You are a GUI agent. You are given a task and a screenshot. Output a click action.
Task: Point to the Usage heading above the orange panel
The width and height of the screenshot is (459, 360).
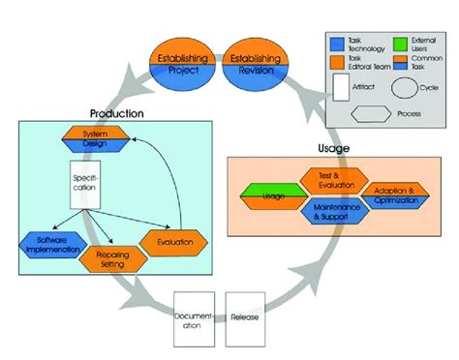point(331,148)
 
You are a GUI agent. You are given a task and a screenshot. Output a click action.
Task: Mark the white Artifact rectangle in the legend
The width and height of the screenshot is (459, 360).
point(339,87)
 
